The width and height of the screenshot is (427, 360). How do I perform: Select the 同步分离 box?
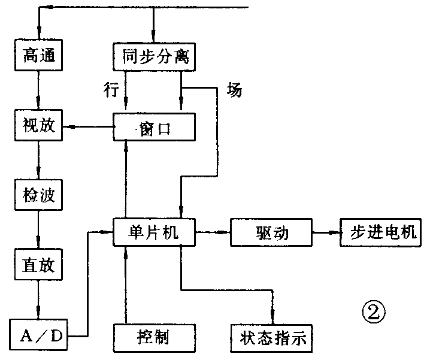point(154,57)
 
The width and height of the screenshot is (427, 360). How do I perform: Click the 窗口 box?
point(154,127)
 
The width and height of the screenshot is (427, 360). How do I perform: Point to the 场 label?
point(234,90)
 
